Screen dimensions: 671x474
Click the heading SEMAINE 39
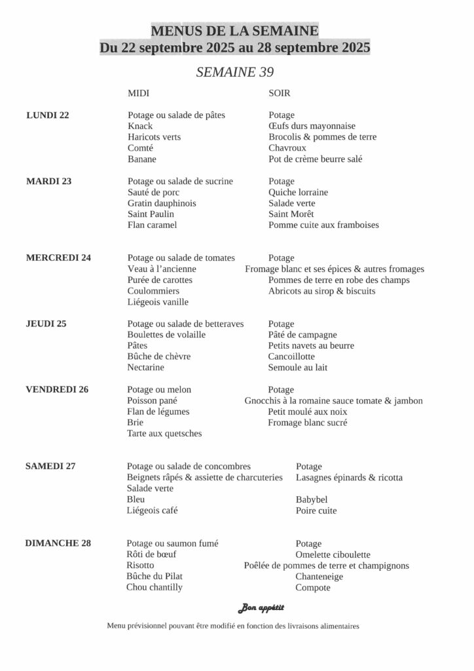click(x=235, y=72)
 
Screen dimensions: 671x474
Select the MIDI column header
click(x=139, y=94)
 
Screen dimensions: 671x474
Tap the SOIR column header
click(x=280, y=94)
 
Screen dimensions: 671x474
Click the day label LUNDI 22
click(x=47, y=115)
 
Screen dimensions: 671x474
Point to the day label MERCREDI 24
click(x=58, y=258)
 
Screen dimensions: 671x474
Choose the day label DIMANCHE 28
click(x=58, y=543)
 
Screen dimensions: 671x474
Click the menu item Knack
click(x=140, y=126)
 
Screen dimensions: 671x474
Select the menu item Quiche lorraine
click(x=298, y=192)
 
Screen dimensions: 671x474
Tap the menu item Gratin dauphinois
click(x=162, y=203)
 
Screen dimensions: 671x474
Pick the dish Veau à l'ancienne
click(x=162, y=269)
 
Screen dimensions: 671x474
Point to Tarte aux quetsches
click(x=164, y=433)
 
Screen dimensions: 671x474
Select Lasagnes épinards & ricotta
click(x=349, y=477)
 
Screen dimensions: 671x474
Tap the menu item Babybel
click(x=312, y=499)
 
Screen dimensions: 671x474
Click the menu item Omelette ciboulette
click(x=333, y=554)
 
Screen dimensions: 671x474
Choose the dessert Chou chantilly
click(x=155, y=587)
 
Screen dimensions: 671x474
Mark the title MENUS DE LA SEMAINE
click(x=235, y=31)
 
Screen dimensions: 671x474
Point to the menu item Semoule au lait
click(x=298, y=368)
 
